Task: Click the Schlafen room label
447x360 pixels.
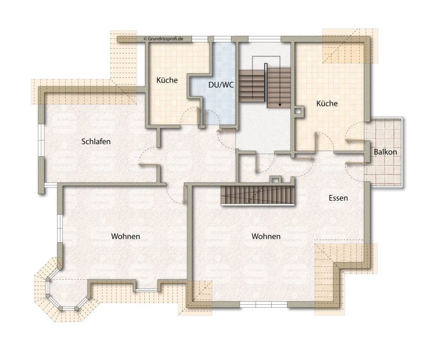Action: coord(96,141)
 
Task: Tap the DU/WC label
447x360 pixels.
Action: coord(221,84)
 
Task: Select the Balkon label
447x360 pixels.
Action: coord(385,152)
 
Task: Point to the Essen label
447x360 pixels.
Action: coord(338,198)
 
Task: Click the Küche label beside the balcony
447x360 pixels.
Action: coord(327,104)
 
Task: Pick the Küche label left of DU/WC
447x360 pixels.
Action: coord(167,80)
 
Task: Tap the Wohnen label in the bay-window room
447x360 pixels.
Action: coord(126,236)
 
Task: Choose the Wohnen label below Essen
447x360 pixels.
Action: coord(266,236)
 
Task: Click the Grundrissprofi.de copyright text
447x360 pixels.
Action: coord(164,38)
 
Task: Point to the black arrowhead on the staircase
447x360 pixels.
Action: coord(280,105)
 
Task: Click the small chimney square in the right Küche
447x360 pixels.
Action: coord(299,111)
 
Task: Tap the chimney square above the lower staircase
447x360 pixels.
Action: coord(275,180)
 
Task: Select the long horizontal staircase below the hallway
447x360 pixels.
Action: coord(258,195)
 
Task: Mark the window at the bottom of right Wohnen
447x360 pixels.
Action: coord(264,305)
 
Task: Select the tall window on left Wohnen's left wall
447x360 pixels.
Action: coord(59,228)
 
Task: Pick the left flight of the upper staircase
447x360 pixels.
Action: coord(252,84)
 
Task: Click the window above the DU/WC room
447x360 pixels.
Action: coord(222,39)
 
